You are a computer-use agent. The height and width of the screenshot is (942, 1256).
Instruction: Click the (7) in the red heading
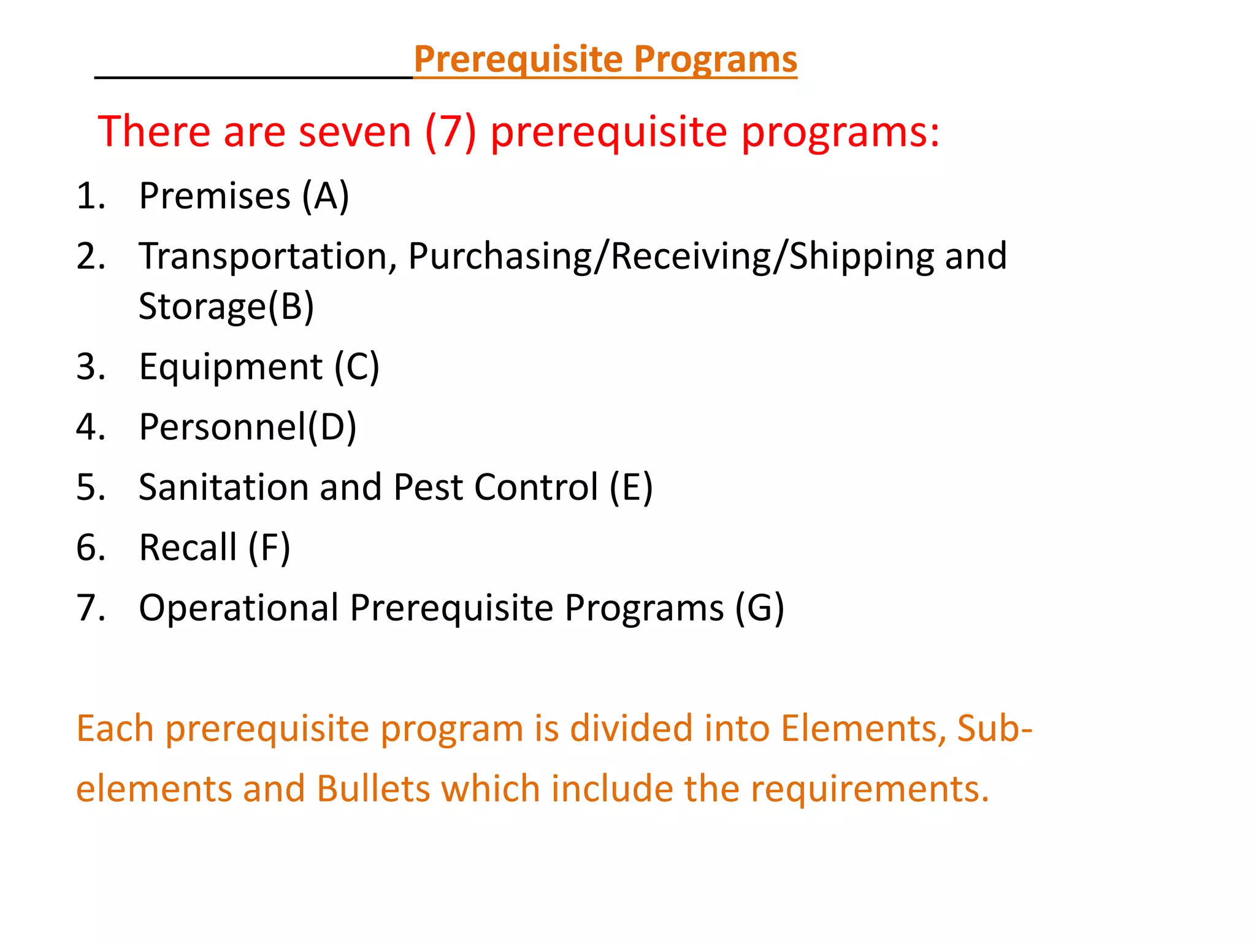pyautogui.click(x=450, y=132)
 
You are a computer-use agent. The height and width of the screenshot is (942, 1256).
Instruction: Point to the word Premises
pyautogui.click(x=215, y=196)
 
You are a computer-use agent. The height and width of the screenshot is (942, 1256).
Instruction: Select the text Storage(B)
pyautogui.click(x=226, y=306)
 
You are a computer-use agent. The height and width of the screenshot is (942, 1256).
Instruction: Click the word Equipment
pyautogui.click(x=231, y=367)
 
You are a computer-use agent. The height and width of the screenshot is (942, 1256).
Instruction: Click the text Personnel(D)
pyautogui.click(x=247, y=427)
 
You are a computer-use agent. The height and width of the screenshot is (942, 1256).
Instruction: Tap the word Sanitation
pyautogui.click(x=224, y=487)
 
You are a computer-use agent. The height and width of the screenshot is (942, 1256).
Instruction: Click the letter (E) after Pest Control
pyautogui.click(x=630, y=487)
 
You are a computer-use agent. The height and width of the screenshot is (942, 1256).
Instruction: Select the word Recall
pyautogui.click(x=188, y=547)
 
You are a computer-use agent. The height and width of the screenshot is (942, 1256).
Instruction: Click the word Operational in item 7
pyautogui.click(x=239, y=608)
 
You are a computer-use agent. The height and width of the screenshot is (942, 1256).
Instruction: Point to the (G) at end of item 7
pyautogui.click(x=759, y=608)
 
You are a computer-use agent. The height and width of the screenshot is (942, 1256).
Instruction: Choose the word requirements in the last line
pyautogui.click(x=870, y=789)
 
